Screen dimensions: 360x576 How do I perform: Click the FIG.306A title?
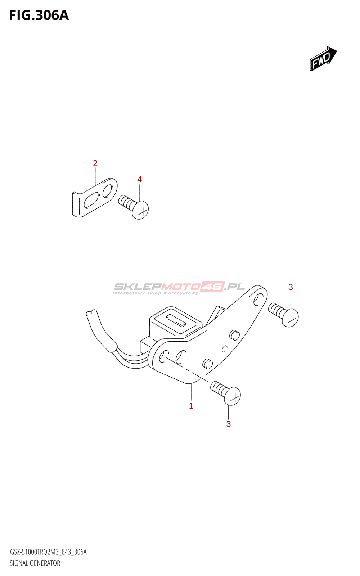click(39, 15)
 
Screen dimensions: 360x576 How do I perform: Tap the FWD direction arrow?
click(323, 58)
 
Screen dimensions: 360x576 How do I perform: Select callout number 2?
click(95, 163)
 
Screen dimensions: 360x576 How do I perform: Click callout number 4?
click(139, 179)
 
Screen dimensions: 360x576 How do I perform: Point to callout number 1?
click(191, 406)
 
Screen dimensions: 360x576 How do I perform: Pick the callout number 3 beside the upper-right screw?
click(291, 287)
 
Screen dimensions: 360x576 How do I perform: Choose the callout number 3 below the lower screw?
click(228, 424)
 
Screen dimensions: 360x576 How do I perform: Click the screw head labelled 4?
click(140, 210)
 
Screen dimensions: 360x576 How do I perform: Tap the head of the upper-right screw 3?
click(290, 318)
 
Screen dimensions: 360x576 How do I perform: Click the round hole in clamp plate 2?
click(108, 191)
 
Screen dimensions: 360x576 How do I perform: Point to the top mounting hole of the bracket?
click(258, 299)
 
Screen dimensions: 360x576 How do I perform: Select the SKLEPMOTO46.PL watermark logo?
click(179, 288)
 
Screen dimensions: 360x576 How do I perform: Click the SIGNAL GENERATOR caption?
click(35, 563)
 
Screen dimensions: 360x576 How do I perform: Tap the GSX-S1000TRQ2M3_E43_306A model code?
click(48, 552)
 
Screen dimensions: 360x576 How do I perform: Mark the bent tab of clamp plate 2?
click(76, 205)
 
